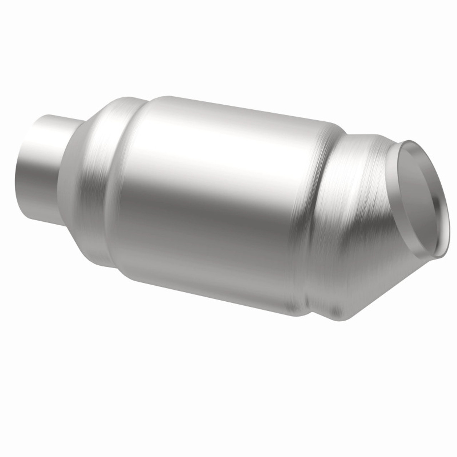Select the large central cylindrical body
[x=214, y=200]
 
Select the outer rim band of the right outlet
[x=445, y=214]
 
